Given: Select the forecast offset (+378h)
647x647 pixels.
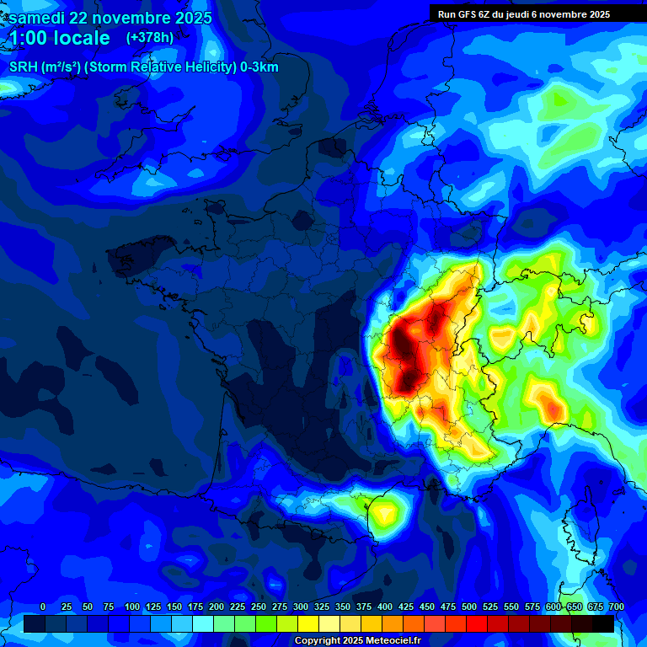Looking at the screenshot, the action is click(150, 37).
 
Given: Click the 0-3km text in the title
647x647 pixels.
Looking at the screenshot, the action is click(259, 67).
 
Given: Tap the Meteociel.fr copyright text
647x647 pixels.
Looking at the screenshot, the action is click(357, 641).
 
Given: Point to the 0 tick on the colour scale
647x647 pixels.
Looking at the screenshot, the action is click(43, 607).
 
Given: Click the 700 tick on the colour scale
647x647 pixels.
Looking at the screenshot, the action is click(616, 607).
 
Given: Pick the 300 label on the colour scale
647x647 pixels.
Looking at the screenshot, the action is click(301, 607).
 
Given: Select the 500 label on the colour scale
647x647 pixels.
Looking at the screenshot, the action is click(469, 607).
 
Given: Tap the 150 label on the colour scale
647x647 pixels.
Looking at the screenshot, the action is click(174, 607).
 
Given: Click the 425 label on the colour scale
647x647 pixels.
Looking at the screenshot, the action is click(406, 607).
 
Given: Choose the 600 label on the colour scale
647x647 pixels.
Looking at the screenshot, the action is click(553, 607).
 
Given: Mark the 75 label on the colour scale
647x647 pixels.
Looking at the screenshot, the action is click(109, 607).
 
